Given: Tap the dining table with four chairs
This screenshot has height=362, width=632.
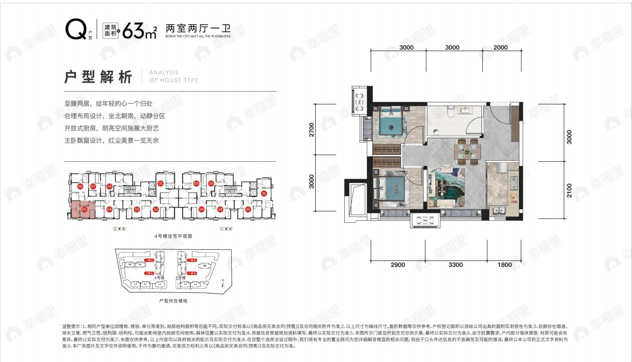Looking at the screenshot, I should click(x=467, y=151).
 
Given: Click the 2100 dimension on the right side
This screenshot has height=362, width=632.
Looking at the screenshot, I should click(x=569, y=191).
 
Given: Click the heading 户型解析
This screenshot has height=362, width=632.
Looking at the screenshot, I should click(x=99, y=78).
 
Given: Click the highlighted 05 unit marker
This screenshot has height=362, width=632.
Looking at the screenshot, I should click(x=85, y=209).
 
